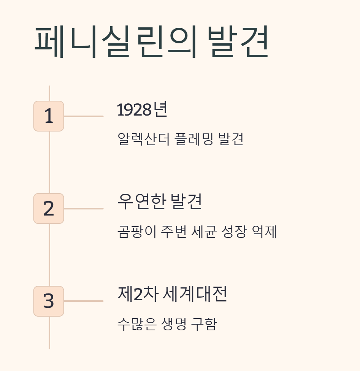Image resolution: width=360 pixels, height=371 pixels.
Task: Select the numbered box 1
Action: pyautogui.click(x=49, y=116)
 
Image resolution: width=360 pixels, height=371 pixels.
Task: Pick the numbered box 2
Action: pyautogui.click(x=49, y=208)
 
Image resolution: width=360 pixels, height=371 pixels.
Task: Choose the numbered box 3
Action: pyautogui.click(x=49, y=301)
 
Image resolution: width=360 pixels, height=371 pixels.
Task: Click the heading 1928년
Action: pyautogui.click(x=142, y=110)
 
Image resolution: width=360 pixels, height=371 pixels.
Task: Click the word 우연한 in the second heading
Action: pyautogui.click(x=141, y=202)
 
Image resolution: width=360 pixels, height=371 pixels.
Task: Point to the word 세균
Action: pyautogui.click(x=203, y=231)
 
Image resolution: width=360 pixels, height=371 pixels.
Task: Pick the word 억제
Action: pyautogui.click(x=265, y=231)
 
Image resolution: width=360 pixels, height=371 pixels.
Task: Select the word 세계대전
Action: pyautogui.click(x=195, y=294)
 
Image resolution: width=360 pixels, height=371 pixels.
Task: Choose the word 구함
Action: pyautogui.click(x=205, y=324)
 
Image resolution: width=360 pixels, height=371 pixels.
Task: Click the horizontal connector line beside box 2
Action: pyautogui.click(x=84, y=209)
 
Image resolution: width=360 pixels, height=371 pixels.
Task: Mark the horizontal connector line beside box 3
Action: pyautogui.click(x=84, y=301)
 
